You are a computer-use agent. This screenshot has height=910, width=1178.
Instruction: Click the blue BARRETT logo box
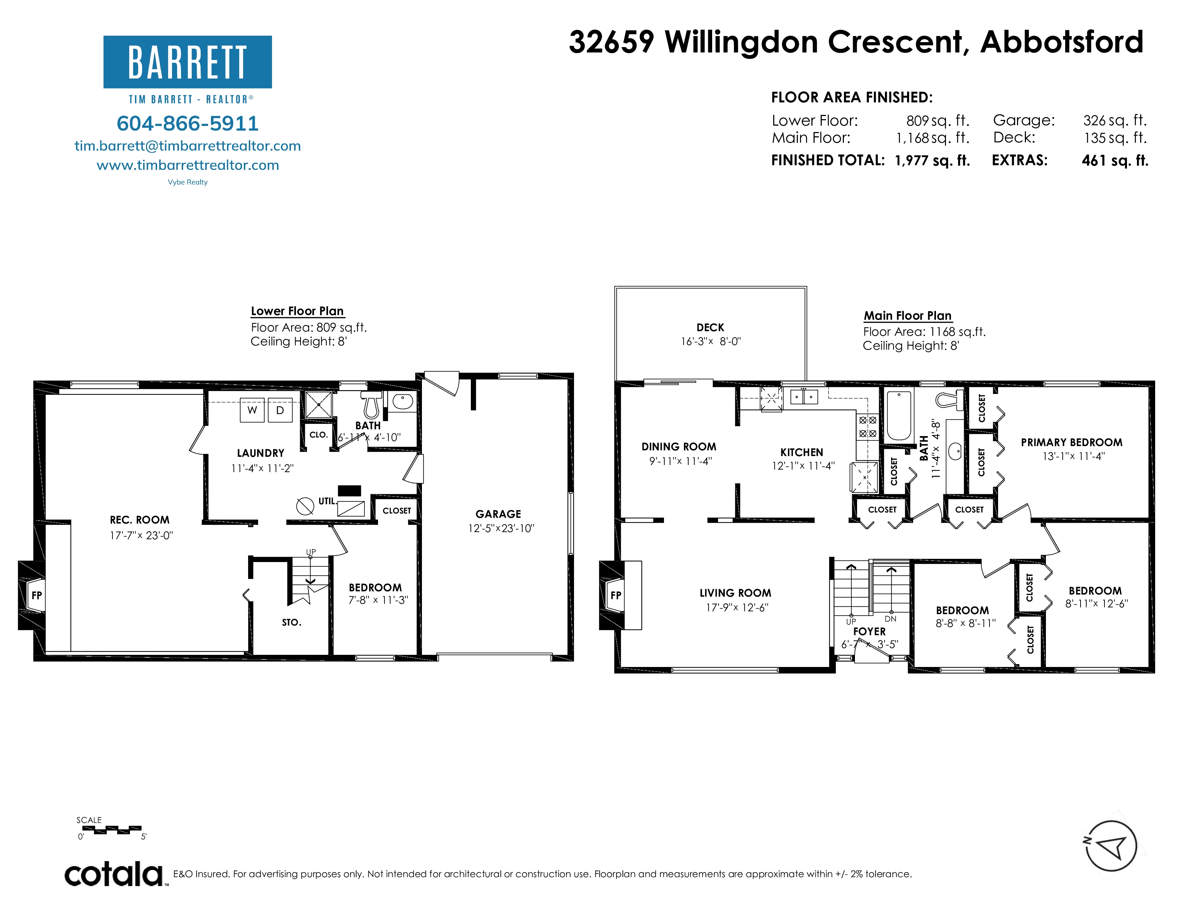[x=188, y=62]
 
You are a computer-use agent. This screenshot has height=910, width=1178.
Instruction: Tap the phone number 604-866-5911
[x=188, y=123]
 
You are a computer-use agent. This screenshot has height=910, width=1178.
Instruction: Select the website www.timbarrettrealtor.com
[x=188, y=165]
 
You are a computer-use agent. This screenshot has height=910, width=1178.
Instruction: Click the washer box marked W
[x=252, y=410]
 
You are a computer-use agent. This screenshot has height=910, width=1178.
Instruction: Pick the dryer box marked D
[x=280, y=410]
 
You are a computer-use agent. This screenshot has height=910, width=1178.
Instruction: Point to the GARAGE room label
[x=498, y=514]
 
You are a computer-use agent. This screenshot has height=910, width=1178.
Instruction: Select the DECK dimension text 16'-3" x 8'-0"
[x=711, y=341]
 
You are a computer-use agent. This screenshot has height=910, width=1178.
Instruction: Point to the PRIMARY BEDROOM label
[x=1072, y=443]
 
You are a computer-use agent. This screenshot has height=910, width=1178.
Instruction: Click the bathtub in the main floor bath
[x=899, y=416]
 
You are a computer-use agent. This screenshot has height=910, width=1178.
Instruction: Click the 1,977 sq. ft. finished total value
[x=932, y=161]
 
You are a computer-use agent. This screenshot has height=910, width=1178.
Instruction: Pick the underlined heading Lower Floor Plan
[x=297, y=312]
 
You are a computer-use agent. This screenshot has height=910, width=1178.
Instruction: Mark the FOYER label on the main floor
[x=870, y=631]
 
